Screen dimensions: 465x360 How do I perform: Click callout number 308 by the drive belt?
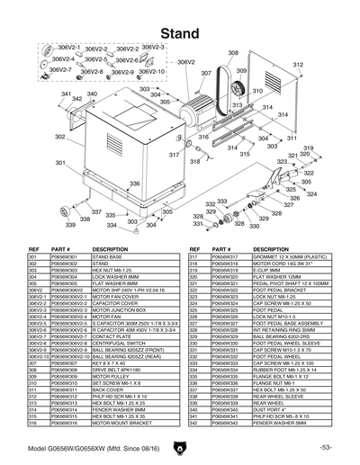click(x=233, y=54)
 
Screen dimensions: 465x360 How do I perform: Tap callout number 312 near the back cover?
click(x=298, y=66)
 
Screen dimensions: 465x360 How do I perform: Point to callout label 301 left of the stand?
click(x=60, y=163)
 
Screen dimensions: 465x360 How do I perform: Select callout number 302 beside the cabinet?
click(x=58, y=138)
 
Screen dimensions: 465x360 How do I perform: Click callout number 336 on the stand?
click(x=134, y=183)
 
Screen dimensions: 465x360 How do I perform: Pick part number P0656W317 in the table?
click(x=209, y=256)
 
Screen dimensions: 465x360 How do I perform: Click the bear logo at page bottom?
click(x=179, y=444)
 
